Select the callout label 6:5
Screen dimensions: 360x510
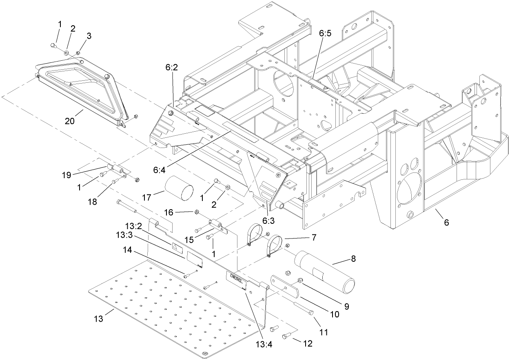(326, 35)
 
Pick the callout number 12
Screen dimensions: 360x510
(308, 343)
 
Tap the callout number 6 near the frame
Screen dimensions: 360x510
(447, 222)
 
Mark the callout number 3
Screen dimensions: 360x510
(89, 36)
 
